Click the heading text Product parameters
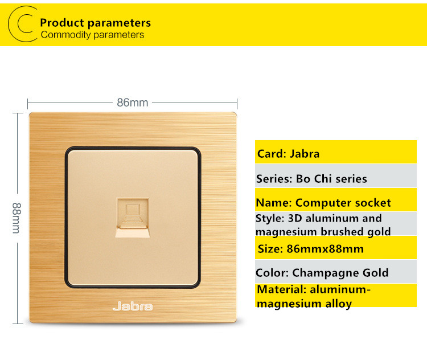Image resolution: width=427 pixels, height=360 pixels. pyautogui.click(x=95, y=23)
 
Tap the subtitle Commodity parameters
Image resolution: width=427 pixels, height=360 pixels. pyautogui.click(x=92, y=35)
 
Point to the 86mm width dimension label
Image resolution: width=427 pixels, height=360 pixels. pyautogui.click(x=132, y=103)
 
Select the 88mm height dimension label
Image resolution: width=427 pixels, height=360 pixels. pyautogui.click(x=17, y=218)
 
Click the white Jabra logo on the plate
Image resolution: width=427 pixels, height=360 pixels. pyautogui.click(x=133, y=306)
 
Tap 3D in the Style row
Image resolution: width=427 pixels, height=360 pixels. pyautogui.click(x=295, y=218)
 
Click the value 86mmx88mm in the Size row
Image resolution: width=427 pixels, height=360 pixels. pyautogui.click(x=325, y=249)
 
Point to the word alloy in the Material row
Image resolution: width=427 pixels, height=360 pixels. pyautogui.click(x=339, y=304)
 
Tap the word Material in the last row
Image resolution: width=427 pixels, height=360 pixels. pyautogui.click(x=282, y=289)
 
